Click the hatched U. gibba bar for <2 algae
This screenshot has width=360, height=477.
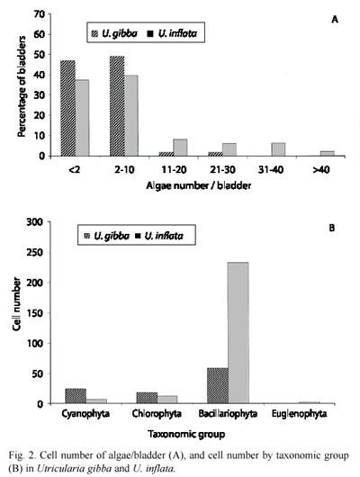pos(68,108)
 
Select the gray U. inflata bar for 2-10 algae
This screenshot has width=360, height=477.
pos(131,115)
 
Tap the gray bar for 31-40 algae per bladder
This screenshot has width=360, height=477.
pos(278,149)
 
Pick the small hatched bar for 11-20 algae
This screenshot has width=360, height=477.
pos(166,154)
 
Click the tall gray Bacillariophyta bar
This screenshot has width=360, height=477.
pos(238,333)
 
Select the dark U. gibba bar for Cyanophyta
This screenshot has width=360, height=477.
pos(76,396)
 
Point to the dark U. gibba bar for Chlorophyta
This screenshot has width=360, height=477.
pos(147,398)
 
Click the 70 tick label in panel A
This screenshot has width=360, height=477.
pos(39,14)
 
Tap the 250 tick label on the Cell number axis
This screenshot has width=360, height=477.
pos(35,253)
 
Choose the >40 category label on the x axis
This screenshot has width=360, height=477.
pos(321,170)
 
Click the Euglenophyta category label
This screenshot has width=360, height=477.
pos(300,414)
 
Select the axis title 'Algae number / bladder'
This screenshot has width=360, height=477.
pos(199,185)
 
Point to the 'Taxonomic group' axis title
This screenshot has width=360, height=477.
pos(186,434)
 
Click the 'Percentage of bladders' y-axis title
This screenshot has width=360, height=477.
pos(22,86)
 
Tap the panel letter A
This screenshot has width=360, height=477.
pos(335,20)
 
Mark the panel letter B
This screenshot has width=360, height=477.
pos(332,228)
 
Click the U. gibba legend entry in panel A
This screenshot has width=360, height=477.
pos(114,33)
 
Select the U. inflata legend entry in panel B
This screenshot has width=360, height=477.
pos(159,236)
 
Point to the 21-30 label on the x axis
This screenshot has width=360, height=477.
pos(222,170)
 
